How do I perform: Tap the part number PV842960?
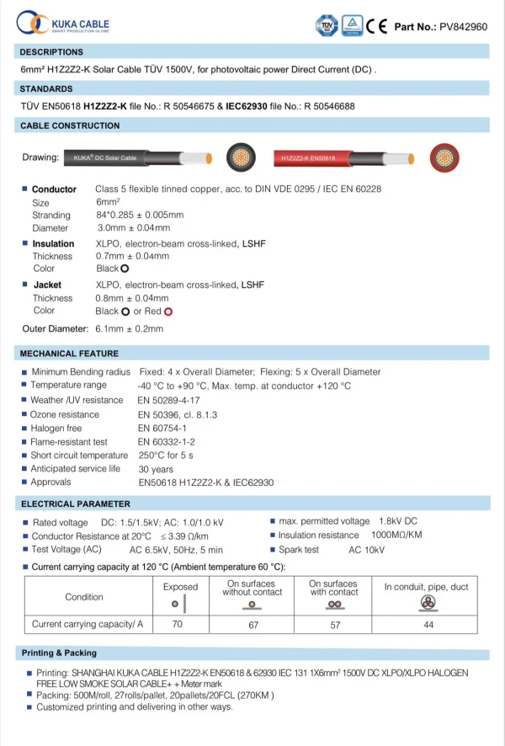pyautogui.click(x=464, y=27)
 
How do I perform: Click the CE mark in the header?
pyautogui.click(x=376, y=26)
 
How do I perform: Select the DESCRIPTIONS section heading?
pyautogui.click(x=51, y=52)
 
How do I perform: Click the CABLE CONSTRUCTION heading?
pyautogui.click(x=70, y=125)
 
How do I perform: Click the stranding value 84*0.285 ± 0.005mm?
pyautogui.click(x=140, y=215)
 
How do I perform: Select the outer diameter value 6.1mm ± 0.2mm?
pyautogui.click(x=130, y=328)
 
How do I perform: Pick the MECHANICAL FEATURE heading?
pyautogui.click(x=69, y=354)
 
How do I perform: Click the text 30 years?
pyautogui.click(x=156, y=469)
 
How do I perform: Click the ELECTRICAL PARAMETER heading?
pyautogui.click(x=76, y=504)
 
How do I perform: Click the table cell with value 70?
pyautogui.click(x=177, y=625)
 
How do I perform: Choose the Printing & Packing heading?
pyautogui.click(x=59, y=653)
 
